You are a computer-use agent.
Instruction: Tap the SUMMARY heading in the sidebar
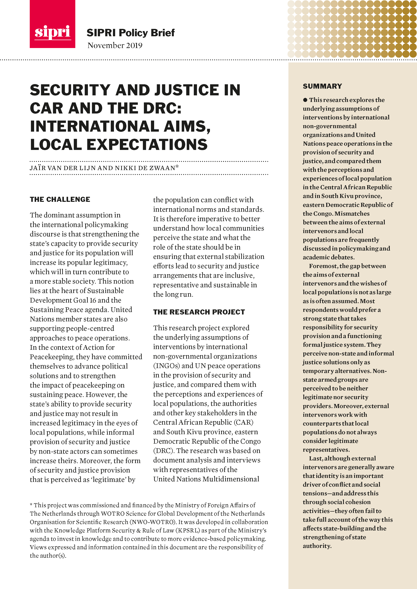pos(322,86)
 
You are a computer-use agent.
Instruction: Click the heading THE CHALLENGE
pos(60,199)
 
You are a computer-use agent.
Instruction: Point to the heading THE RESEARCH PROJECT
pos(199,312)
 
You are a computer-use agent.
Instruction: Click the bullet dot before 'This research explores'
pos(305,100)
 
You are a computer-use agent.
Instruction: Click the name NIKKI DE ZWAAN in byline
pos(145,168)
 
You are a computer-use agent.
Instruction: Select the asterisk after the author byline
pos(177,167)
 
